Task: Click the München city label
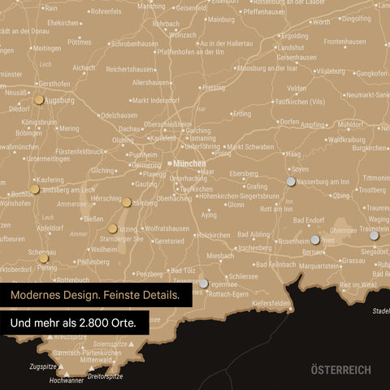pos(188,163)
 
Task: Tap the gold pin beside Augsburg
pos(39,100)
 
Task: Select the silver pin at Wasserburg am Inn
pos(291,181)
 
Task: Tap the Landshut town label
pos(291,47)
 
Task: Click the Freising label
pos(214,87)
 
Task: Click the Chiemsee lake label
pos(342,230)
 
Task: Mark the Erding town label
pos(242,114)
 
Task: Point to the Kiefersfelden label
pos(271,303)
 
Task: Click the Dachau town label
pos(129,128)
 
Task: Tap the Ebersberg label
pos(244,173)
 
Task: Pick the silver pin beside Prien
pos(315,240)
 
